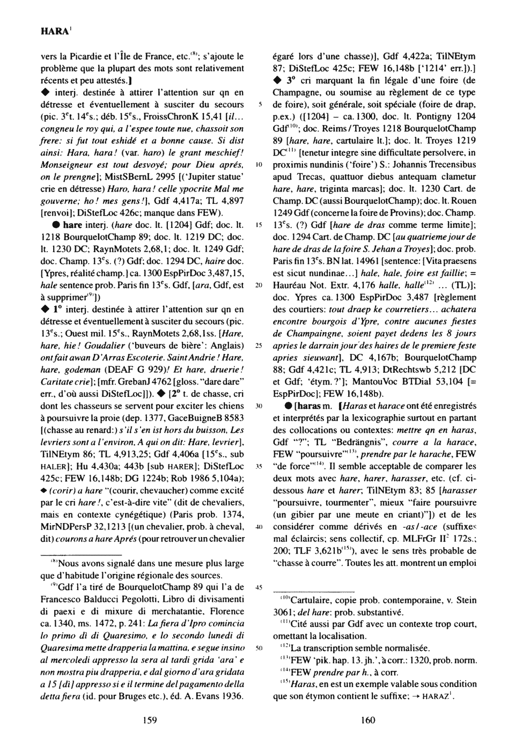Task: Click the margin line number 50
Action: coord(258,648)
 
